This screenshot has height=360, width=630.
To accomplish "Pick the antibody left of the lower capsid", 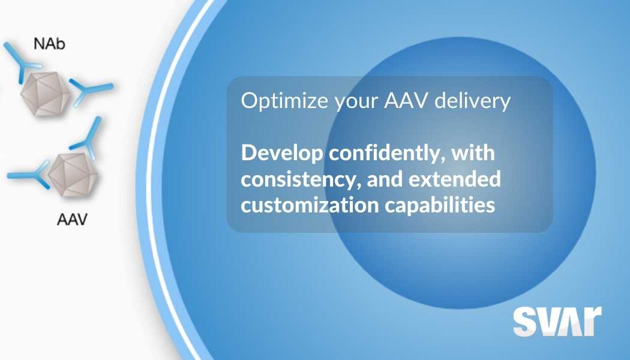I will [29, 174].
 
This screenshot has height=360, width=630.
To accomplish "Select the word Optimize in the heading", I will [275, 101].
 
